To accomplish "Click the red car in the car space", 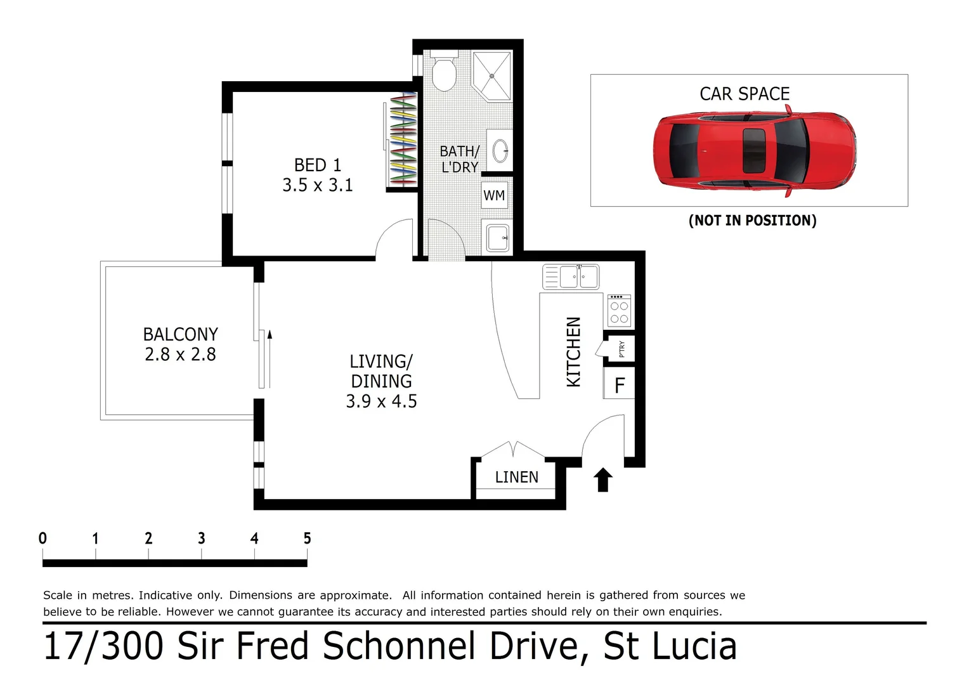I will click(x=753, y=152).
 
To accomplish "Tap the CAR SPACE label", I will click(x=745, y=94).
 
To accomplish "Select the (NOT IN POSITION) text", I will click(x=752, y=220).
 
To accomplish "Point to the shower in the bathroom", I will click(x=492, y=75).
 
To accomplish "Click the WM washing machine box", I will click(x=495, y=195).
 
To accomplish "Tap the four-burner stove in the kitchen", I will click(x=619, y=311).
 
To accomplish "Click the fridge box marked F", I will click(x=620, y=385).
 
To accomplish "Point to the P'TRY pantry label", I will click(x=622, y=349).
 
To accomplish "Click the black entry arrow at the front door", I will click(x=602, y=480).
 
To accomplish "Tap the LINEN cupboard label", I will click(x=516, y=477).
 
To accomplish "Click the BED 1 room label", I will click(x=318, y=165).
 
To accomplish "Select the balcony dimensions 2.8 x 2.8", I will click(x=180, y=355).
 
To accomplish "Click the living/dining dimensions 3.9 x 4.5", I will click(x=381, y=401).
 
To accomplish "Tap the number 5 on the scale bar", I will click(x=307, y=538).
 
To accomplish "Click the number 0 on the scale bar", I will click(x=42, y=538).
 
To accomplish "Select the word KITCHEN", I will click(x=573, y=352).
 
